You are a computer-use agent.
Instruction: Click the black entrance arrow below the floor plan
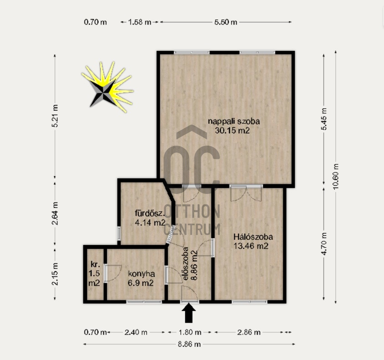click(189, 313)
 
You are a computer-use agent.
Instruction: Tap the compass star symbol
click(107, 88)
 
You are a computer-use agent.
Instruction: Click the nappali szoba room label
click(234, 121)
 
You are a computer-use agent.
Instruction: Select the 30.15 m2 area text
click(232, 131)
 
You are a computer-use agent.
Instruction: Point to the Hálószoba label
click(253, 237)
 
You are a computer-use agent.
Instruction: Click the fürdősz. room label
click(149, 213)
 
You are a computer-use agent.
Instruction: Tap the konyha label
click(141, 274)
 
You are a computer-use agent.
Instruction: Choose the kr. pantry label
click(95, 264)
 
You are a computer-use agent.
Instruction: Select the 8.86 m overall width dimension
click(189, 344)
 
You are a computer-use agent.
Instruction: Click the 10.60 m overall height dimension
click(336, 176)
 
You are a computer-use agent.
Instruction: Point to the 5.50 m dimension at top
click(225, 22)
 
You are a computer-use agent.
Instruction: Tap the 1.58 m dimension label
click(139, 22)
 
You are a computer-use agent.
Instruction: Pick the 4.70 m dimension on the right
click(324, 243)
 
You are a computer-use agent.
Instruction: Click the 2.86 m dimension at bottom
click(249, 332)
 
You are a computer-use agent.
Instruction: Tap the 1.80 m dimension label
click(190, 332)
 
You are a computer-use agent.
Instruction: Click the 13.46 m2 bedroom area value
click(251, 246)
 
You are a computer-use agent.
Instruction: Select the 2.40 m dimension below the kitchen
click(136, 332)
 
